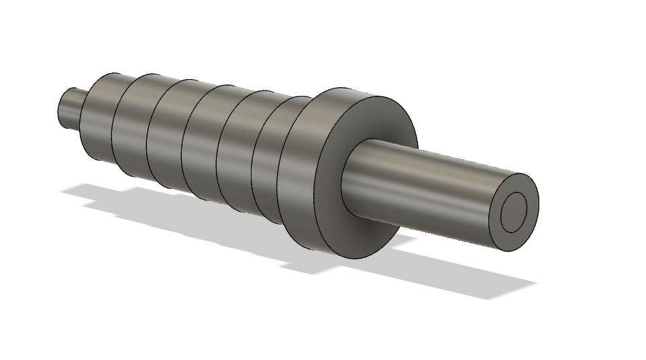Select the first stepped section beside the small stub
point(97,117)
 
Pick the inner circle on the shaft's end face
point(515,212)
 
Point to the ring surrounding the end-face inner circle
point(529,194)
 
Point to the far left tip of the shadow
point(62,192)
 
